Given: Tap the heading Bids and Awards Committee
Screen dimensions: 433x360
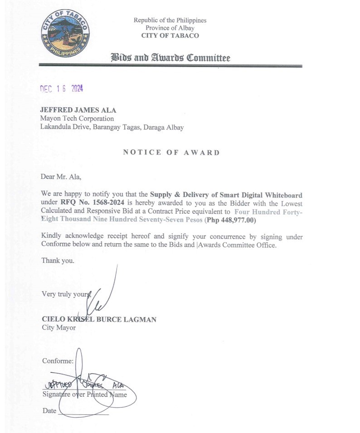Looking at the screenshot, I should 170,58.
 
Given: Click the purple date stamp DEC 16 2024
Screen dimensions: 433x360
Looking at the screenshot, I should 62,89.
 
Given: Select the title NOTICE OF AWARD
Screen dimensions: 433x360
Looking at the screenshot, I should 171,153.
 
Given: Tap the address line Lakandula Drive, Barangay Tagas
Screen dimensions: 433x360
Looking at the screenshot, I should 91,127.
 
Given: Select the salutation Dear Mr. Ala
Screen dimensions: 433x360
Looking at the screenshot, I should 61,177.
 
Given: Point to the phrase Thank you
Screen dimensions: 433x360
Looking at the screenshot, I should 58,260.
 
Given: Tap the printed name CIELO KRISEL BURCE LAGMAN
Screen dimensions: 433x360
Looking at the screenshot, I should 99,319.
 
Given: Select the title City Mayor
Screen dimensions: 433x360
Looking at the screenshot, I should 59,327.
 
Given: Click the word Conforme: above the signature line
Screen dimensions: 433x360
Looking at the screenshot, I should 58,361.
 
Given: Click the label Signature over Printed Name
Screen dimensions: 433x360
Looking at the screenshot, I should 84,395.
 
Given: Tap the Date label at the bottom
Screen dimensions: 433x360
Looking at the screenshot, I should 49,411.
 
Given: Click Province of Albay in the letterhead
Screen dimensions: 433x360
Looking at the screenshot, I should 170,28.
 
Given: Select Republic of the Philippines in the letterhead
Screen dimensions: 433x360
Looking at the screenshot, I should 170,20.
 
